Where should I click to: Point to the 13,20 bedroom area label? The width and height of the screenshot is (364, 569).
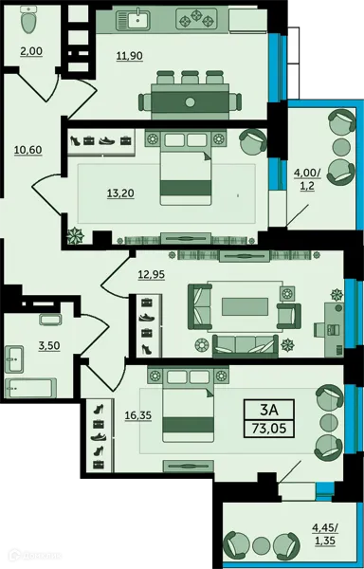(x=119, y=193)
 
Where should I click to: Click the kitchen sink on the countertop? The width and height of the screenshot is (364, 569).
(x=140, y=17)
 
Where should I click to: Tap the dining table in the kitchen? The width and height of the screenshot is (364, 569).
(x=189, y=101)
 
